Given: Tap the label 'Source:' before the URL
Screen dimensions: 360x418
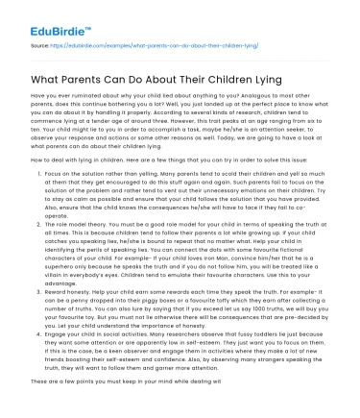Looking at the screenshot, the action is pyautogui.click(x=40, y=44).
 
